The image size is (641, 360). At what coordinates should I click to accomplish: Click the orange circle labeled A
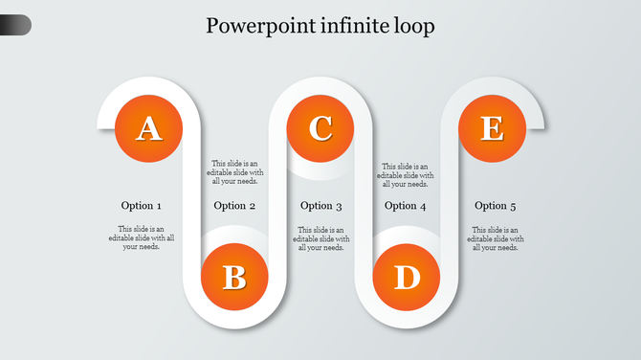[x=147, y=128]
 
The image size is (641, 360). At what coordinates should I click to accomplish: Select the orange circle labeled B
[x=234, y=278]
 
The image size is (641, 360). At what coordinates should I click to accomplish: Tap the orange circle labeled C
[x=320, y=128]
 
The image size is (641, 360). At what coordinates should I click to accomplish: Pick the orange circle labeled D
[x=407, y=278]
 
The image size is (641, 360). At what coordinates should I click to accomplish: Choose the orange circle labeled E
[x=492, y=128]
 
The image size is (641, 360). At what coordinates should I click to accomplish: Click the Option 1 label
[x=142, y=206]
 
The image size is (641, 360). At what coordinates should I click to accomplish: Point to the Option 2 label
[x=234, y=206]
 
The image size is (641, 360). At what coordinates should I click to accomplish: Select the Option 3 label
[x=321, y=206]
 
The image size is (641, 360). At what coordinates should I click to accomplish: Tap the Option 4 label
[x=406, y=206]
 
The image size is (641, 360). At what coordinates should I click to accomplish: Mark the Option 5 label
[x=496, y=206]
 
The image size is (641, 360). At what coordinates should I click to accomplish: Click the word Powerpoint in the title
[x=255, y=26]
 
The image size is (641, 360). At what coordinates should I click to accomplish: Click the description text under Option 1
[x=142, y=238]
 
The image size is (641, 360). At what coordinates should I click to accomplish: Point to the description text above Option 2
[x=234, y=172]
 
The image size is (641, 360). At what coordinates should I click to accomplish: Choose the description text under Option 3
[x=321, y=238]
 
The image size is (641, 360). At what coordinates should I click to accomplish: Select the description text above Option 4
[x=406, y=175]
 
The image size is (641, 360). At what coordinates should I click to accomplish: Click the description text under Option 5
[x=496, y=238]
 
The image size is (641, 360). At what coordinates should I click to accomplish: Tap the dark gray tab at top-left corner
[x=15, y=25]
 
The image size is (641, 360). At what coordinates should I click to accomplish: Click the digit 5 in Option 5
[x=513, y=206]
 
